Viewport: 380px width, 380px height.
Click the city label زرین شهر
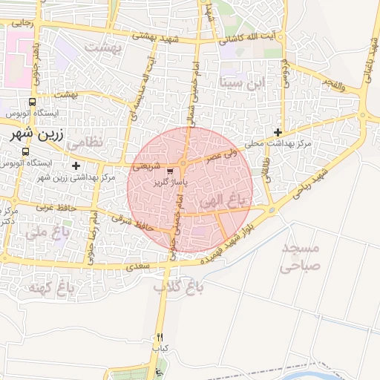pyautogui.click(x=27, y=134)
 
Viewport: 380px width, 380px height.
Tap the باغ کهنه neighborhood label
pyautogui.click(x=47, y=287)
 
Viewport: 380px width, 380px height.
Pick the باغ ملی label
pyautogui.click(x=46, y=232)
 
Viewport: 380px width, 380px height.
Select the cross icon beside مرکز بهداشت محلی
pyautogui.click(x=278, y=132)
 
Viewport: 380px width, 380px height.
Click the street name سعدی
pyautogui.click(x=138, y=265)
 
